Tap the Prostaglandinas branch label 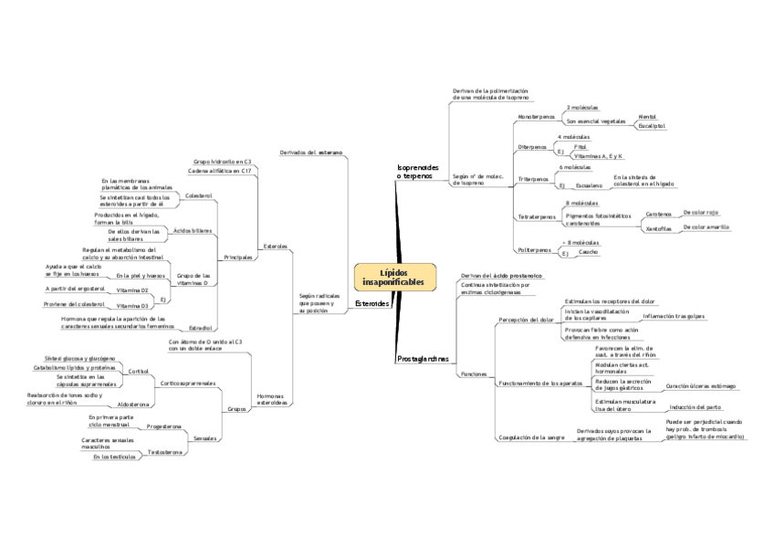(423, 359)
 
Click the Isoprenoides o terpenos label (417, 172)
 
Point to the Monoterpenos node (535, 118)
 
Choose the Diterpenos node (532, 146)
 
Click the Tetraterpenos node (535, 216)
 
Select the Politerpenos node (534, 249)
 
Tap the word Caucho (588, 251)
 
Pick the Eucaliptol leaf (652, 126)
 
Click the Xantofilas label (659, 228)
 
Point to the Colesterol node (198, 195)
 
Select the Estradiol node (201, 327)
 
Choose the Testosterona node (165, 452)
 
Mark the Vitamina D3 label (132, 306)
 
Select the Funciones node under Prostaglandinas (473, 374)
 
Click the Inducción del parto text (695, 407)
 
